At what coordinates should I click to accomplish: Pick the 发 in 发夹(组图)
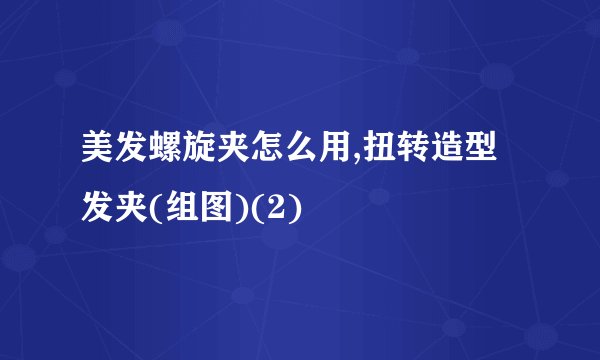pyautogui.click(x=98, y=211)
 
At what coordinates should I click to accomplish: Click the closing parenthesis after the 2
pyautogui.click(x=299, y=211)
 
